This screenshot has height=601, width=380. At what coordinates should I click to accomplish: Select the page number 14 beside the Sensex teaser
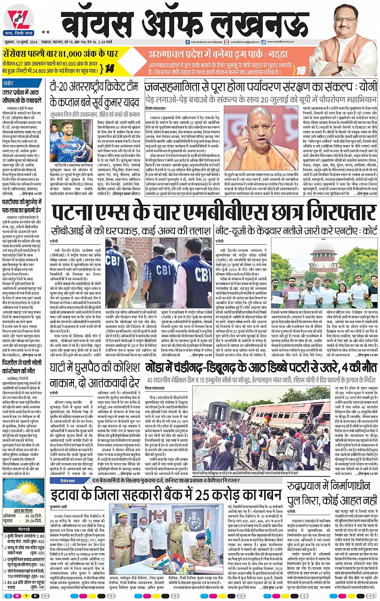(109, 68)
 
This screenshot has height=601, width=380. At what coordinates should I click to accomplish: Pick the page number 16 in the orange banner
(301, 71)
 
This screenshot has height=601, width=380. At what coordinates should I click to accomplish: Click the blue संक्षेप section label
(8, 83)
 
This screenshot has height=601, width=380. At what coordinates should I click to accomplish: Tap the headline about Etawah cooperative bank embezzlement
(166, 494)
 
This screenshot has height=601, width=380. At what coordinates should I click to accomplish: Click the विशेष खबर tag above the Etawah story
(68, 481)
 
